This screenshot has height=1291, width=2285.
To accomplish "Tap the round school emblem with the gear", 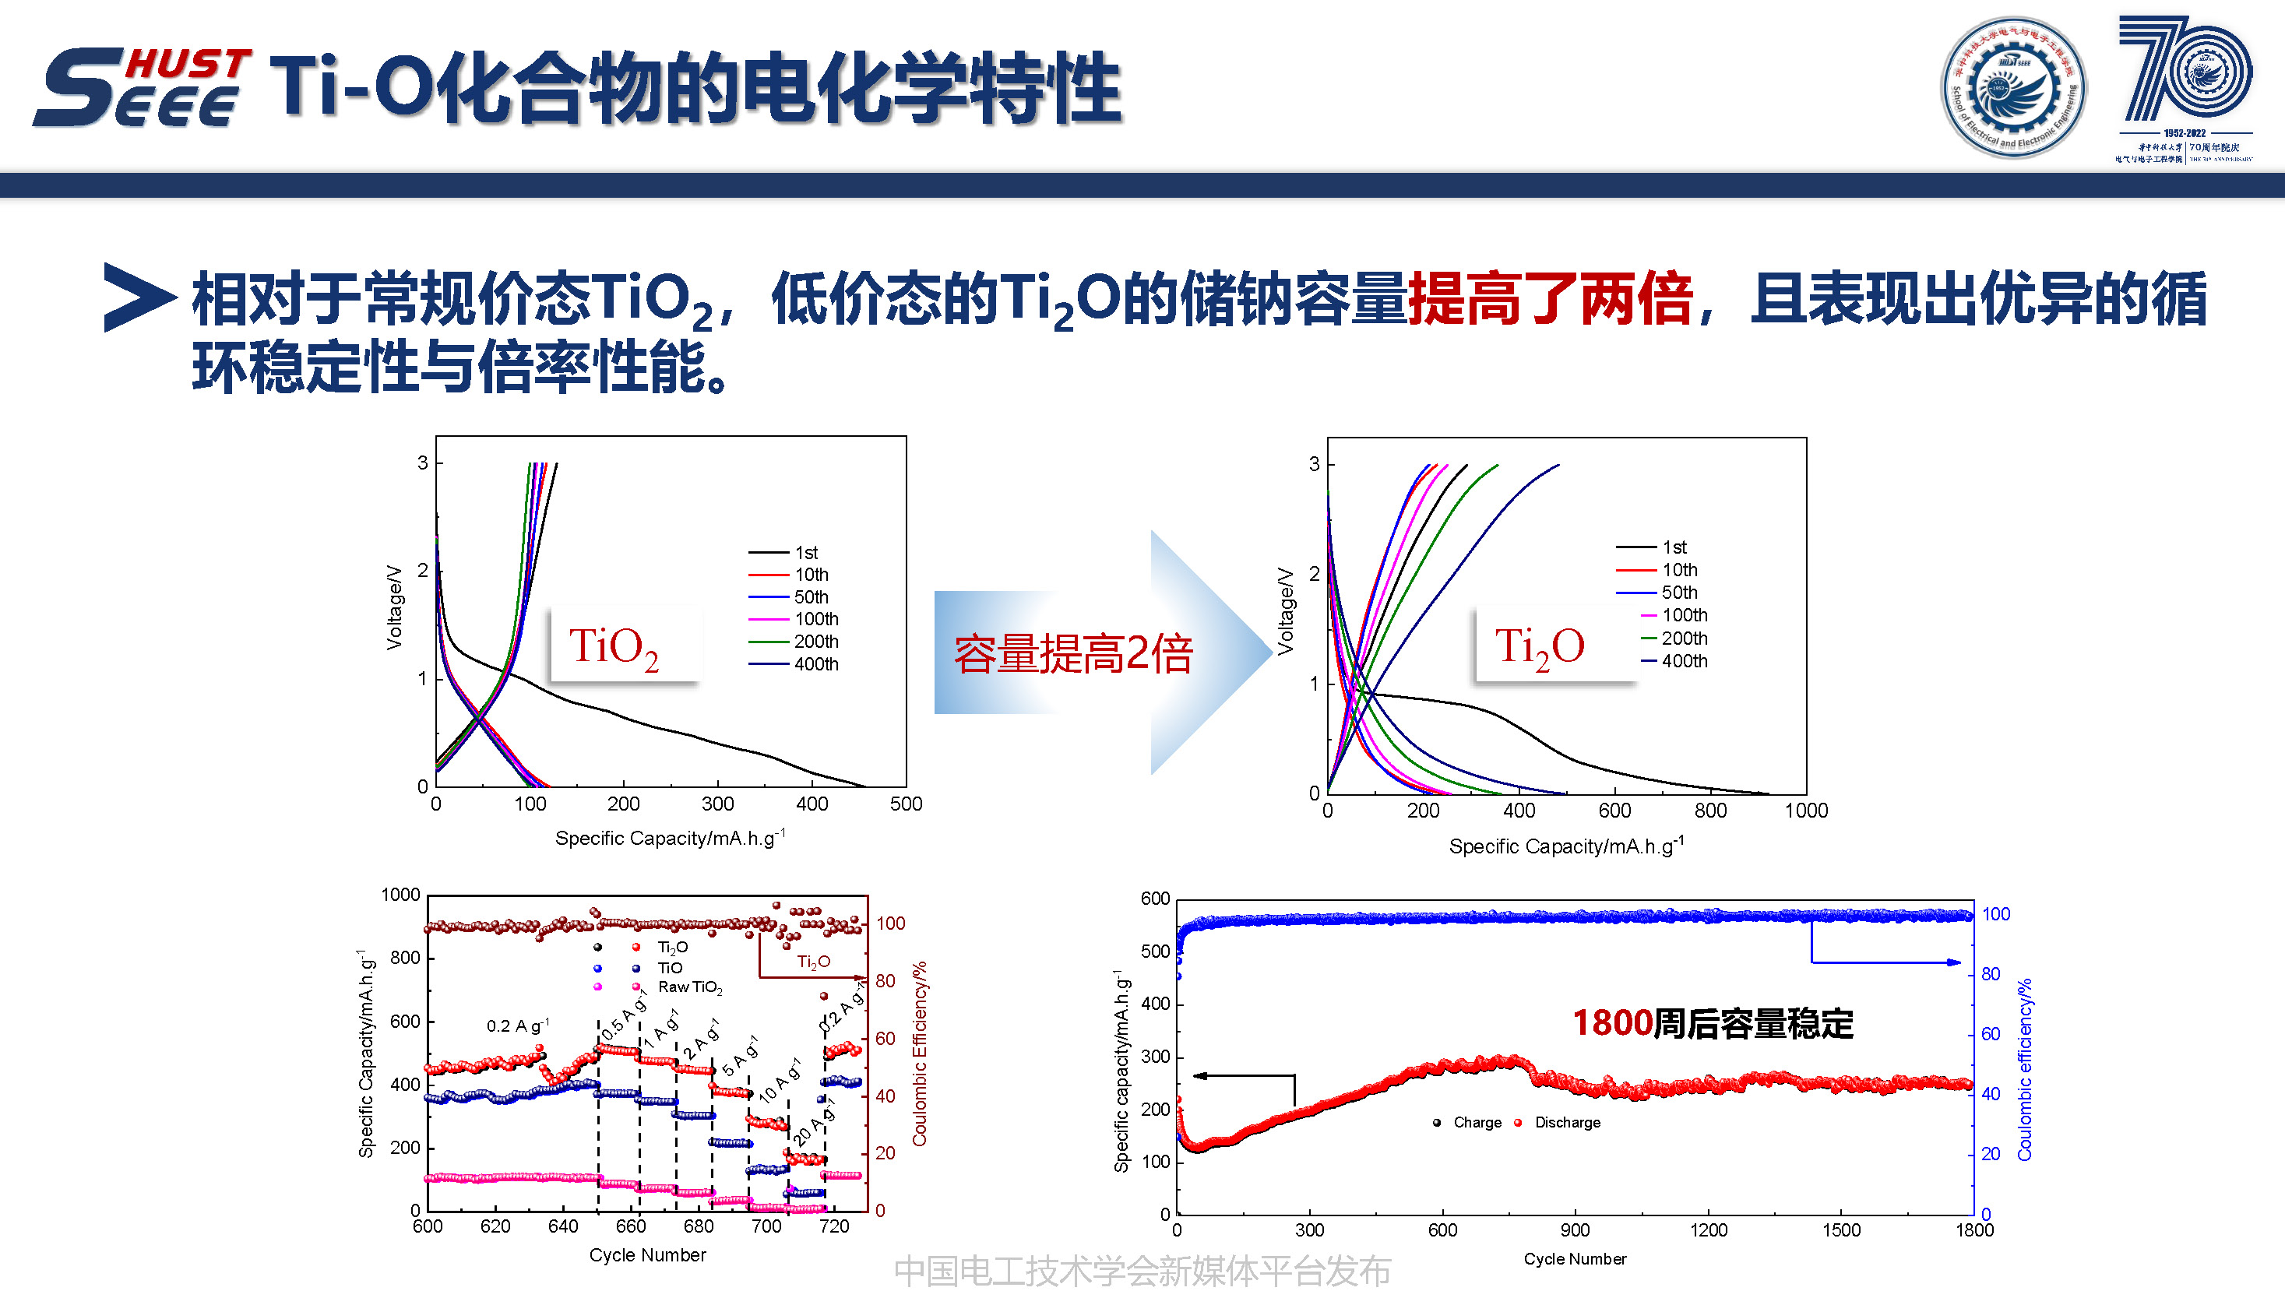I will pyautogui.click(x=2012, y=87).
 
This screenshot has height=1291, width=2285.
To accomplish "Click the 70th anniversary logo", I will pyautogui.click(x=2184, y=87).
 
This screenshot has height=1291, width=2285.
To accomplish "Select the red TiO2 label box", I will pyautogui.click(x=625, y=645).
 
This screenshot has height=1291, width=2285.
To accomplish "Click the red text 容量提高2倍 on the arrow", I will pyautogui.click(x=1072, y=654).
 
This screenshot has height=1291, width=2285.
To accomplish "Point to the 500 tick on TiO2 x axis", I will pyautogui.click(x=906, y=804).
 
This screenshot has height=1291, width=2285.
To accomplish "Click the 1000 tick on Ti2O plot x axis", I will pyautogui.click(x=1806, y=811).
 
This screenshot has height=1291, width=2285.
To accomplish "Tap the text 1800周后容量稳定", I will pyautogui.click(x=1712, y=1023).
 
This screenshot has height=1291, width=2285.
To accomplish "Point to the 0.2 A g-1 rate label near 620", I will pyautogui.click(x=518, y=1026).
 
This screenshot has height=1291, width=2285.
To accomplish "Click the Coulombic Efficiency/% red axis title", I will pyautogui.click(x=919, y=1054).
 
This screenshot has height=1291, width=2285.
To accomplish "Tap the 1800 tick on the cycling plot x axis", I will pyautogui.click(x=1974, y=1229).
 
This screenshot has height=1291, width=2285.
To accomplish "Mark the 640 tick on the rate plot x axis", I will pyautogui.click(x=563, y=1226).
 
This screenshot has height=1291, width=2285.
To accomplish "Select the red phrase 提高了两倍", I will pyautogui.click(x=1550, y=299).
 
